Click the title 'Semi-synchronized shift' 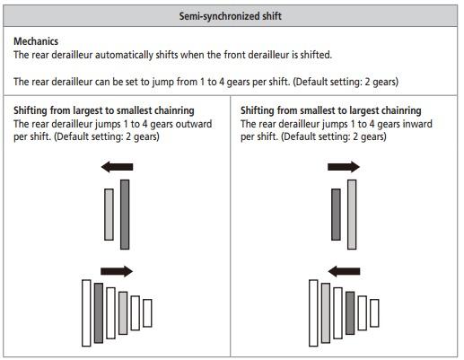(x=230, y=16)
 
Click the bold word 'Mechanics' (x=36, y=41)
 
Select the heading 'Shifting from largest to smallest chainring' (x=104, y=110)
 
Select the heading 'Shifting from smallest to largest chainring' (x=331, y=110)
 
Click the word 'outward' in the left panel (x=194, y=124)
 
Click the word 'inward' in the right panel (x=417, y=124)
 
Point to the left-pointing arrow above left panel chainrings (x=117, y=167)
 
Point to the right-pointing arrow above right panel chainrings (x=344, y=167)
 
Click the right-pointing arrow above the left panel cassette (x=117, y=271)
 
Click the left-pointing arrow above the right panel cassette (x=344, y=271)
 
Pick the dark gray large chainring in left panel (x=125, y=215)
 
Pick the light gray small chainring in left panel (x=109, y=215)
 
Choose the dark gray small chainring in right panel (x=336, y=215)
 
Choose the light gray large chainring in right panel (x=352, y=215)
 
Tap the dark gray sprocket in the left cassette (x=99, y=312)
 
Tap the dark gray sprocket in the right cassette (x=350, y=312)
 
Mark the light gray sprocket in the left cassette (x=123, y=312)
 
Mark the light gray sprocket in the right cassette (x=326, y=312)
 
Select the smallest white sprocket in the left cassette (x=147, y=312)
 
